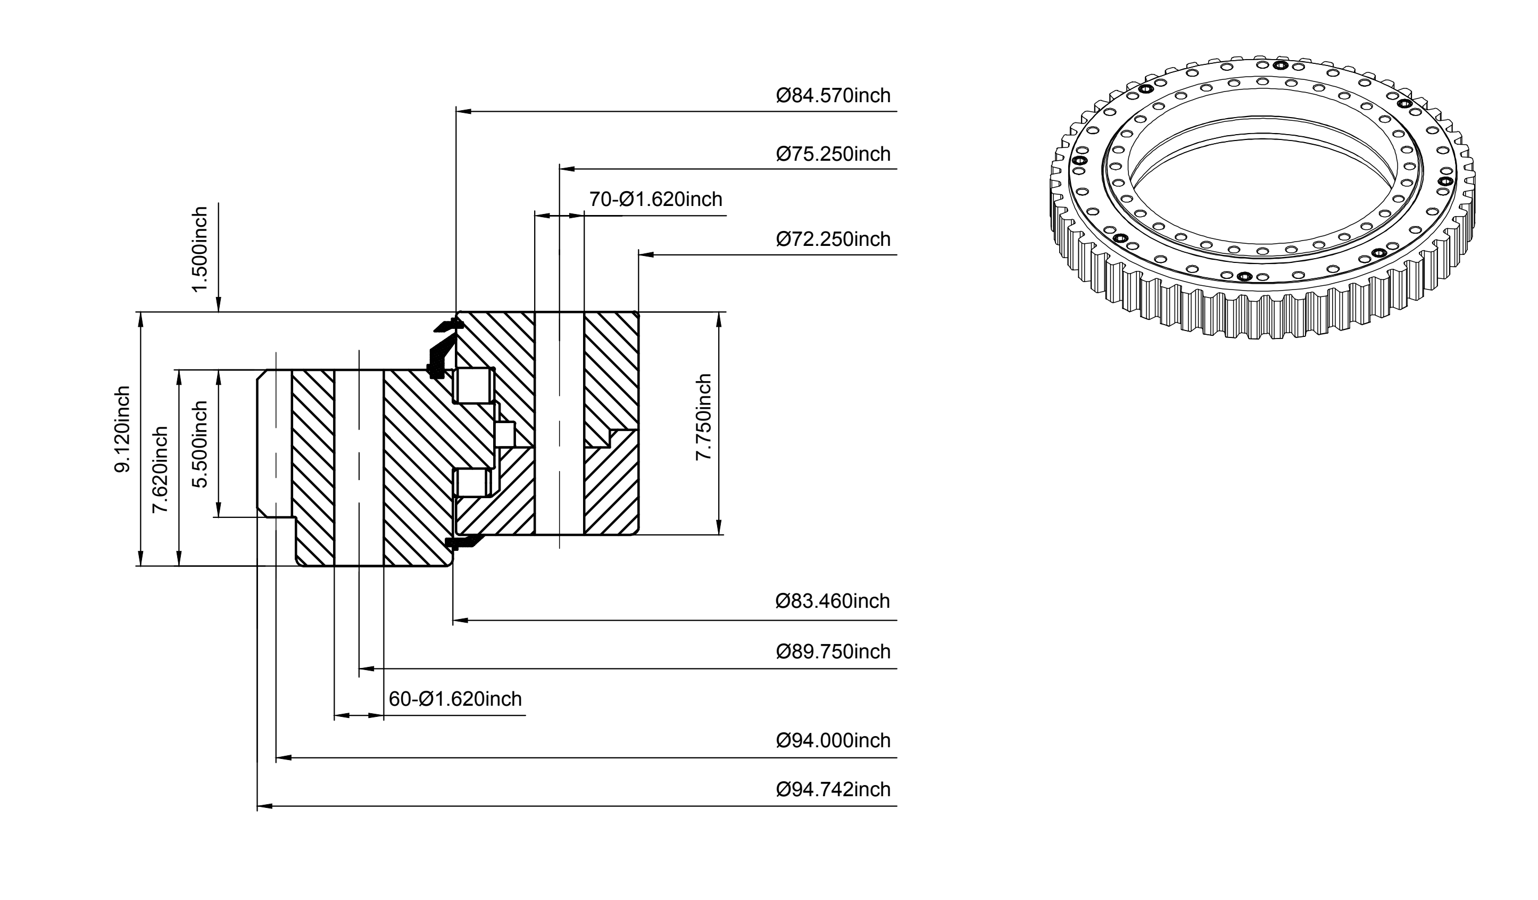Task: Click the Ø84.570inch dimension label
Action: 833,96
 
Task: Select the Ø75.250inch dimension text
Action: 833,154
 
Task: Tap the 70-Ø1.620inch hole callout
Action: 655,199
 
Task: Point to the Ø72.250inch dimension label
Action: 833,239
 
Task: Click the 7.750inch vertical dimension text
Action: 704,417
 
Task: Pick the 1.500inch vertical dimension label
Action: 199,250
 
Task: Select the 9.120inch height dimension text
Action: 122,429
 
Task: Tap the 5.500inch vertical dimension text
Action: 199,444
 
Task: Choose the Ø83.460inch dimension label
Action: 833,601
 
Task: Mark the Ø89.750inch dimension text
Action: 833,651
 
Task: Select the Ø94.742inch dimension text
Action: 833,789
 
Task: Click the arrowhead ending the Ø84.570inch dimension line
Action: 464,112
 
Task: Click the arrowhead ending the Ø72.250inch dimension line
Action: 646,254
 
